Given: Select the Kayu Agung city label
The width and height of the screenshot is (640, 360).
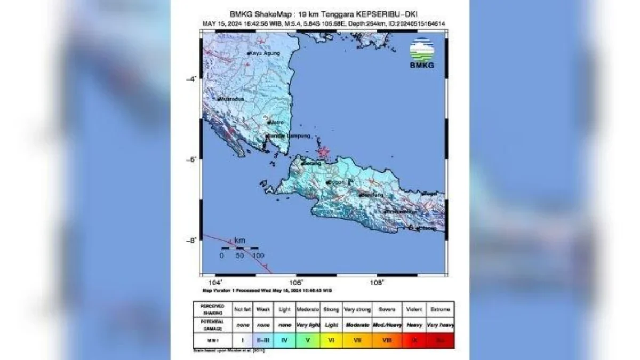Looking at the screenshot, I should pyautogui.click(x=263, y=54).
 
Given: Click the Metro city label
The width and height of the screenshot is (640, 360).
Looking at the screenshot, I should pyautogui.click(x=277, y=122).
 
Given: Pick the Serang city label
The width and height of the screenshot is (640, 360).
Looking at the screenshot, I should pyautogui.click(x=313, y=163).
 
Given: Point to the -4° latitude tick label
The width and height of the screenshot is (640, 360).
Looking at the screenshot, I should pyautogui.click(x=191, y=79).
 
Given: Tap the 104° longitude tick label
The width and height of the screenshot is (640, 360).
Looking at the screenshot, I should pyautogui.click(x=215, y=282).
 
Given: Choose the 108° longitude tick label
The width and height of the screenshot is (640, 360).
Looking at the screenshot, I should pyautogui.click(x=377, y=282).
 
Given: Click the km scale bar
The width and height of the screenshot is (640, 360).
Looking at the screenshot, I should pyautogui.click(x=239, y=248).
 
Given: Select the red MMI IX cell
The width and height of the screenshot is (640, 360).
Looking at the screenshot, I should pyautogui.click(x=414, y=339).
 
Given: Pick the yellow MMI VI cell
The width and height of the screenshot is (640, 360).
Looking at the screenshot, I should pyautogui.click(x=331, y=339).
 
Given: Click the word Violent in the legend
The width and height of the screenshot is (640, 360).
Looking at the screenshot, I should pyautogui.click(x=414, y=309).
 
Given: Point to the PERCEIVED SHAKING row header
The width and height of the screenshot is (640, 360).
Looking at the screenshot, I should pyautogui.click(x=213, y=309).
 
